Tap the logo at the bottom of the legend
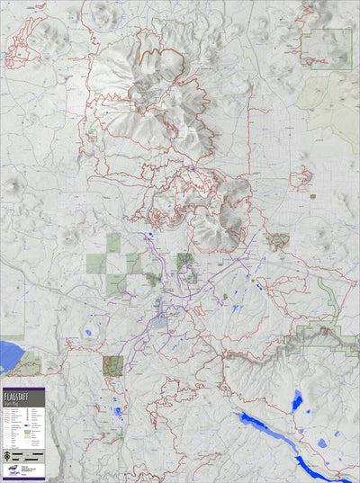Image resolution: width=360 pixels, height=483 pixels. tap(13, 470)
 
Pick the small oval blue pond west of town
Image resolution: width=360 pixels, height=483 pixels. tap(88, 334)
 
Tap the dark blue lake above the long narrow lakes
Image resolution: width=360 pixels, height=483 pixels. tap(297, 400)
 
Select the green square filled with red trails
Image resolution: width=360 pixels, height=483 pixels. tap(112, 365)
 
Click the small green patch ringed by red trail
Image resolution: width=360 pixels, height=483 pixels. tap(277, 240)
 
